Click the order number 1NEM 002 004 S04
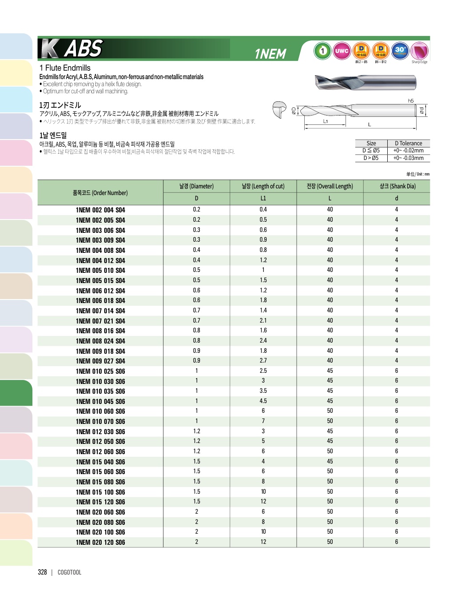point(100,210)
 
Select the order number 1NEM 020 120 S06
point(100,542)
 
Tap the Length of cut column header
point(263,186)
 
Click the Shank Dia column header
point(397,186)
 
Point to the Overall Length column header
point(330,186)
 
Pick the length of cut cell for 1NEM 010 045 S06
point(263,401)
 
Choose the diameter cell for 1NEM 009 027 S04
point(196,360)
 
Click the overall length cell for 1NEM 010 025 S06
point(330,371)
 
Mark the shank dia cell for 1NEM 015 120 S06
point(397,501)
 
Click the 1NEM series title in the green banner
point(270,54)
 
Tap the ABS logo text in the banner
point(83,48)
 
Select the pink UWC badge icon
point(342,51)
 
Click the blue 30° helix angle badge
point(400,51)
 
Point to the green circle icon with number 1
point(322,51)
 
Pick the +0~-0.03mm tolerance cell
point(408,158)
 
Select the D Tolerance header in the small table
point(408,143)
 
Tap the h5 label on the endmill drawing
point(411,101)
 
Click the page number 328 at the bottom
point(42,572)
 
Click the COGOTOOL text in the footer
point(69,572)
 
